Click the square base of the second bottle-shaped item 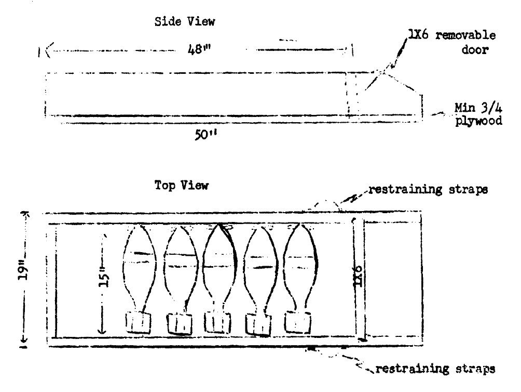[180, 324]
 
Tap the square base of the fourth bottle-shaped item [259, 324]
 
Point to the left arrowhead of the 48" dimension [46, 51]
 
